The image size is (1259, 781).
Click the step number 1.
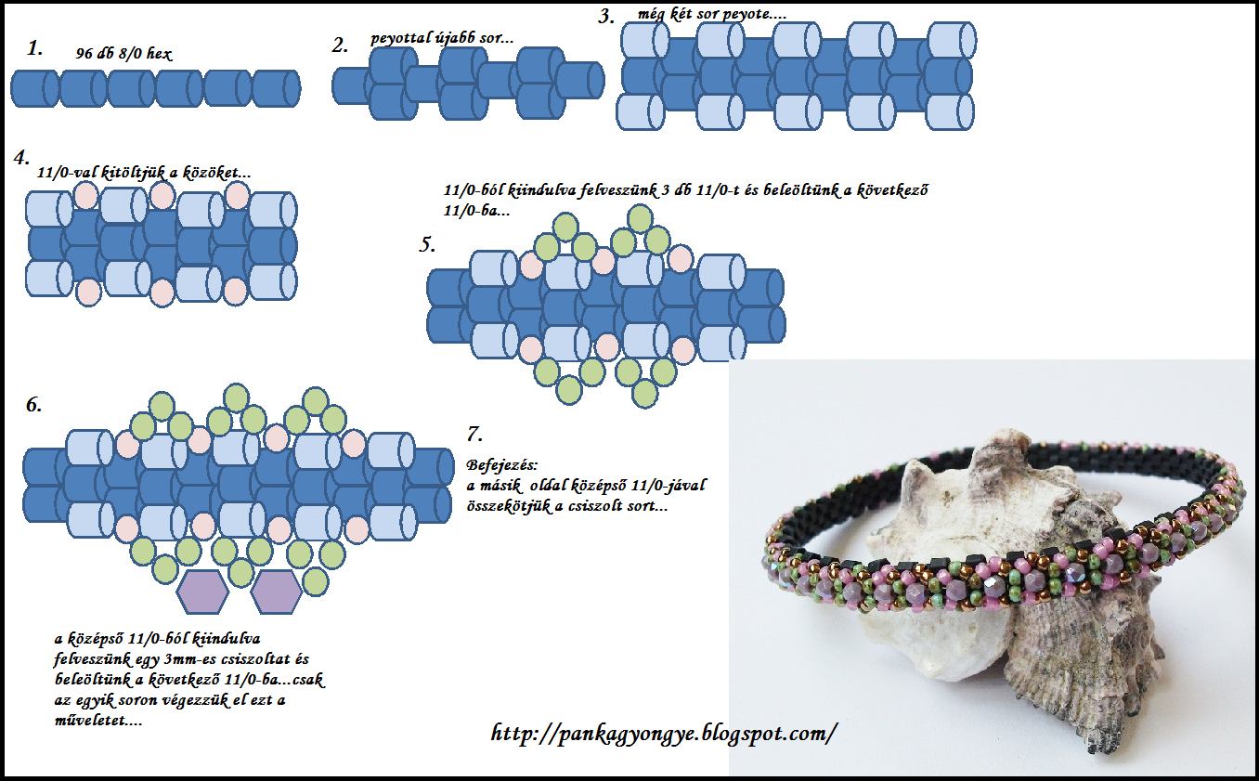click(x=35, y=49)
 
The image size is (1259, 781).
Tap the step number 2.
click(x=340, y=45)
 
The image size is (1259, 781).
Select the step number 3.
click(x=606, y=17)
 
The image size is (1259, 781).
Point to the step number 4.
click(x=21, y=157)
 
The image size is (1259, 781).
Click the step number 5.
click(x=426, y=245)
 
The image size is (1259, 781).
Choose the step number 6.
click(x=33, y=406)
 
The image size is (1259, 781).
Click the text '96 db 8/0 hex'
click(x=123, y=54)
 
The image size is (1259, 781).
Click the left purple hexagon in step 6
click(x=202, y=592)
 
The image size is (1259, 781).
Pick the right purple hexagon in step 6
click(x=276, y=592)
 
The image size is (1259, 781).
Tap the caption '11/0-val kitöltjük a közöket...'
click(x=143, y=173)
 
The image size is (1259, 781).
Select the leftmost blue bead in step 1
click(x=34, y=89)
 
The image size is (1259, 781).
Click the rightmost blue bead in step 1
click(x=276, y=89)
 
